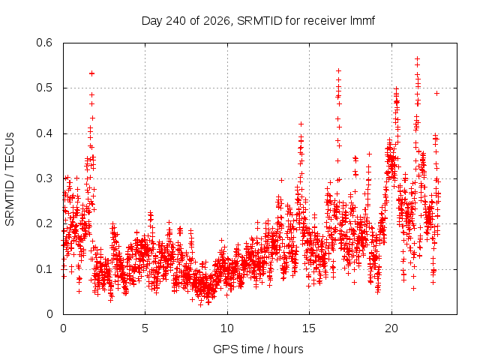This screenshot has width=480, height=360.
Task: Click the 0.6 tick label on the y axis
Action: pyautogui.click(x=44, y=43)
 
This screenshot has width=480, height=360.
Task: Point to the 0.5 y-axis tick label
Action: pyautogui.click(x=44, y=88)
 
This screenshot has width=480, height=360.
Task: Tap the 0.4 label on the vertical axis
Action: pyautogui.click(x=44, y=133)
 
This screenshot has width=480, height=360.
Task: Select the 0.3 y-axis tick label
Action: pyautogui.click(x=44, y=178)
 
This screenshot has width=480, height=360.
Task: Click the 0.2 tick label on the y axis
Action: pyautogui.click(x=44, y=223)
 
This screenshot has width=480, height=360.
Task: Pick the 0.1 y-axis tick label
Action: pyautogui.click(x=44, y=269)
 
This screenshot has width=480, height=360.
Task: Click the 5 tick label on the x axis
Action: pyautogui.click(x=145, y=328)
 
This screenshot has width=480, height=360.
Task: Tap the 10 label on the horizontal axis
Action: pyautogui.click(x=227, y=328)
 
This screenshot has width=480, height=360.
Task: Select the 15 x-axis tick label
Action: pyautogui.click(x=309, y=328)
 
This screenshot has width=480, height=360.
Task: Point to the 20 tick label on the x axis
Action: pyautogui.click(x=391, y=328)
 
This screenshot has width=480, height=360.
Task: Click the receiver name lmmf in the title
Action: pyautogui.click(x=362, y=21)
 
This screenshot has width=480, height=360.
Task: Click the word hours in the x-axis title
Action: pyautogui.click(x=288, y=349)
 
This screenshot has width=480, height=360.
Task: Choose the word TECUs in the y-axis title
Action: pyautogui.click(x=10, y=151)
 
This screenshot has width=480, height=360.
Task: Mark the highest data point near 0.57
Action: pyautogui.click(x=417, y=58)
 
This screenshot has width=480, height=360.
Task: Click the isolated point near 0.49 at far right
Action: pyautogui.click(x=437, y=93)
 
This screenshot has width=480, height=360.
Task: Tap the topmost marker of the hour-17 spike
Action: pyautogui.click(x=338, y=71)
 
